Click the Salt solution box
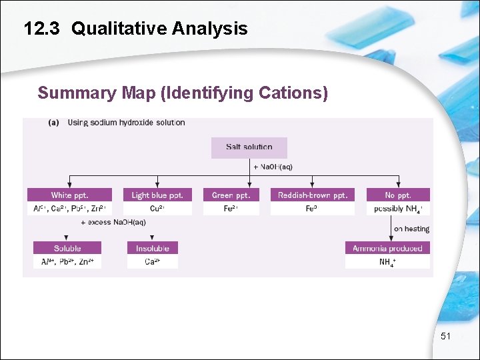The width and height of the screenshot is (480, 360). coord(249,147)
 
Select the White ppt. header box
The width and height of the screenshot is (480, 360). coord(69,195)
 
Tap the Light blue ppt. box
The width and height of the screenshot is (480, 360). coord(157,195)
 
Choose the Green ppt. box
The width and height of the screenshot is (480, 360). coord(231,195)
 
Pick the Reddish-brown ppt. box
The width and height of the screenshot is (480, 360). coord(312,195)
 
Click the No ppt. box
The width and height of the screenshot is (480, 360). coord(398,195)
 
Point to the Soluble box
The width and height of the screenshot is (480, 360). coord(67,248)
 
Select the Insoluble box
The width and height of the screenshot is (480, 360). coord(153,248)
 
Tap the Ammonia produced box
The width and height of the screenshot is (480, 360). coord(387,248)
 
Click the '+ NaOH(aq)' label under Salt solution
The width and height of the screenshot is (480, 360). coord(273,166)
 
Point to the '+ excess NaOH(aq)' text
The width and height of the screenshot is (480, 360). coord(113,222)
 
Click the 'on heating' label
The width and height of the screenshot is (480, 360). coord(411,229)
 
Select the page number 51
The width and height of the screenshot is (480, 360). coord(445,337)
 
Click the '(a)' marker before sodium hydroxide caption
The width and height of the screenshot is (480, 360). coord(54,123)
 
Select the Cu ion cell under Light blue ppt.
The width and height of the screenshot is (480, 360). coord(157,209)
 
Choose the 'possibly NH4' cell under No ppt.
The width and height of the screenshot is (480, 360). coord(398,209)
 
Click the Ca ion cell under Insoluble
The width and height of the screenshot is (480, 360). coord(153,262)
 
